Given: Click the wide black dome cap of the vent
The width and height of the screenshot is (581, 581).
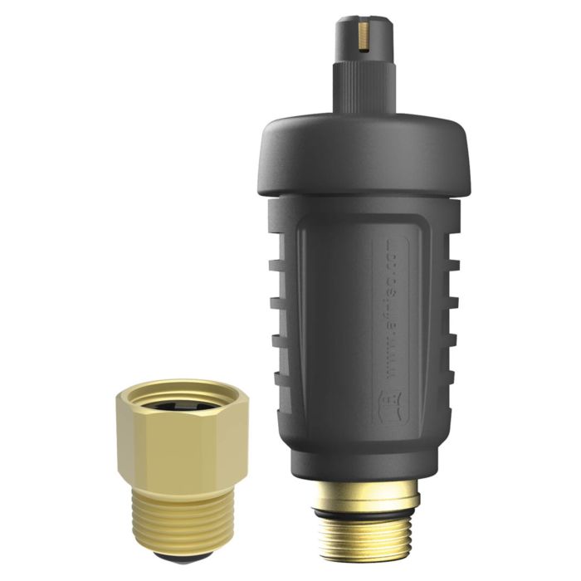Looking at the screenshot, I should [365, 154].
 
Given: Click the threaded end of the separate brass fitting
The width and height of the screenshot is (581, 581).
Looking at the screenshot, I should [182, 523].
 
